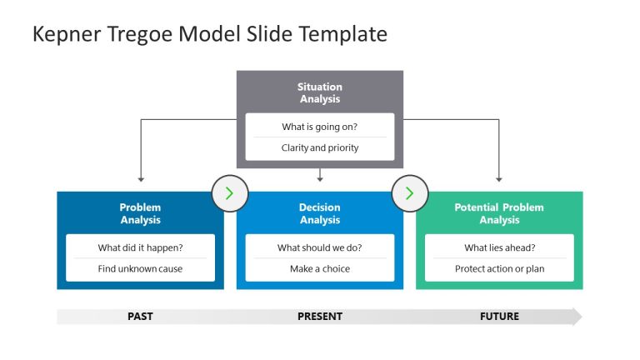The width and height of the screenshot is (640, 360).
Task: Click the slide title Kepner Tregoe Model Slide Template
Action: point(209,34)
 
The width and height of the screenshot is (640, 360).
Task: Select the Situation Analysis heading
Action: point(320,92)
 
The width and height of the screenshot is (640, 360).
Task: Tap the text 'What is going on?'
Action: point(320,127)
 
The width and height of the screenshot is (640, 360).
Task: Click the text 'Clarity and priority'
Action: point(320,147)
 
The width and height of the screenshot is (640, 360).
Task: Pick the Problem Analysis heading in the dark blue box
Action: point(140,213)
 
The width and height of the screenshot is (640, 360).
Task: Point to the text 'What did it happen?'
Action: point(140,247)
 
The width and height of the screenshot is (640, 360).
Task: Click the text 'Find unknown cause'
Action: point(140,268)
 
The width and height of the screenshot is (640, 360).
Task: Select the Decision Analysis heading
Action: point(320,213)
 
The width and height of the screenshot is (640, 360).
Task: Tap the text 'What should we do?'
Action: point(320,247)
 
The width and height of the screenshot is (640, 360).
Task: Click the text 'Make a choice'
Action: point(320,268)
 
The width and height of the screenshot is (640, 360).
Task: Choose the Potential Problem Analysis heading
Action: point(499,213)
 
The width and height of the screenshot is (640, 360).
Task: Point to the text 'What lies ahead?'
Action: point(499,247)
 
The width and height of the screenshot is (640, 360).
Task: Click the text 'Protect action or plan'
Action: point(499,268)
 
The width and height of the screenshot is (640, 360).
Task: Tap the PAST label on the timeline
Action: point(140,317)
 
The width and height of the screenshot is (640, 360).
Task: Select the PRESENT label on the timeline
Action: point(320,317)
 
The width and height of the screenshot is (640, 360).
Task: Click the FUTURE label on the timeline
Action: point(499,317)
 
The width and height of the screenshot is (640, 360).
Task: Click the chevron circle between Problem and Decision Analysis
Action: point(230,193)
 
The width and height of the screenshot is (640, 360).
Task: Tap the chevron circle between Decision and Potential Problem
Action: point(409,193)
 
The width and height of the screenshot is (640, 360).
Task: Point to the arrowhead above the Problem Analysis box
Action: point(141,178)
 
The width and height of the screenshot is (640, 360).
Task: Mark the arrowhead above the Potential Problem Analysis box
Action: point(499,178)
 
